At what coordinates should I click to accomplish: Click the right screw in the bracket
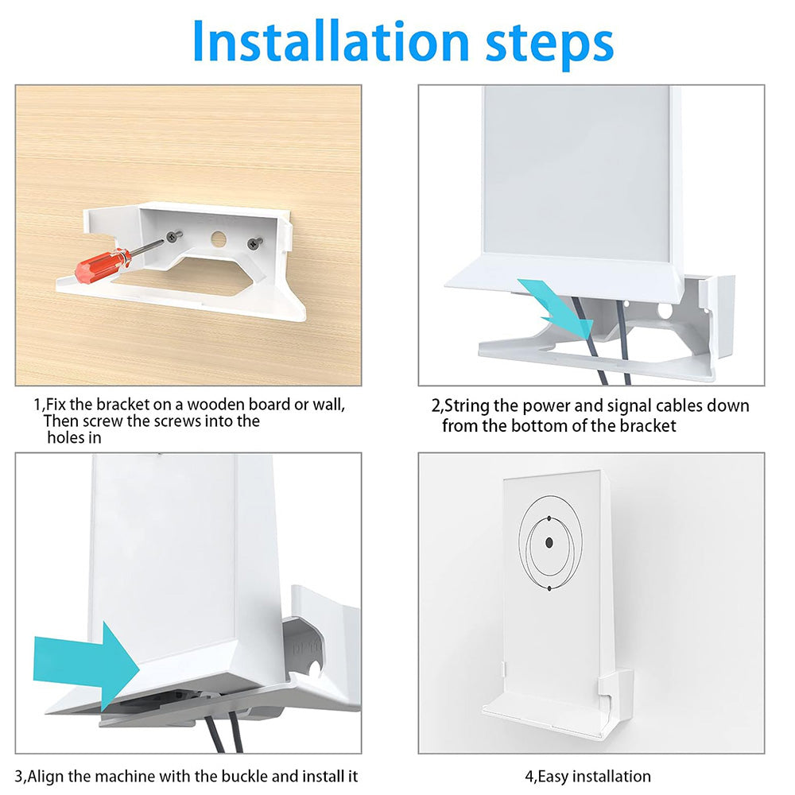(255, 243)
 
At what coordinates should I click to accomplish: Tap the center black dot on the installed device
(549, 543)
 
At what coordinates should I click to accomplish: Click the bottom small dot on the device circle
(549, 588)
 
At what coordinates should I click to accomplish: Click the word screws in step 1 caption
(190, 421)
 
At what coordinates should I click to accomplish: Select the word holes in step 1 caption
(67, 437)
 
